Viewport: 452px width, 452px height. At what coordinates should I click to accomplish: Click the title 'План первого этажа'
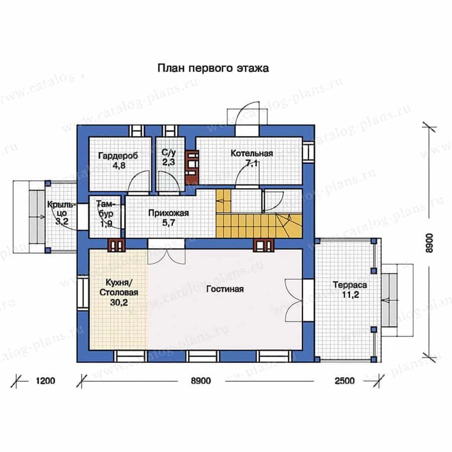point(213,68)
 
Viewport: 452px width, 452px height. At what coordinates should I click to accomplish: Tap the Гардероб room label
point(118,156)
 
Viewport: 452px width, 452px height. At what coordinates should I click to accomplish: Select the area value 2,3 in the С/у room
point(168,162)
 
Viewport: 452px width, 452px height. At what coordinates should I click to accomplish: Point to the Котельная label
point(252,153)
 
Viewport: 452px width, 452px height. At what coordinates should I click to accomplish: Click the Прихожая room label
point(169,213)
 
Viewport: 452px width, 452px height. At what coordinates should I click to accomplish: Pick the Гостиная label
point(225,289)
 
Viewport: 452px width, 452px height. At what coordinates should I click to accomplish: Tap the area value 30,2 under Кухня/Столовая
point(119,302)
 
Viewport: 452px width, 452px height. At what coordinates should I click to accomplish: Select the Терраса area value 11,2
point(350,295)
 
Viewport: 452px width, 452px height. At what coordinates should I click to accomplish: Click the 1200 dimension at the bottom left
point(46,381)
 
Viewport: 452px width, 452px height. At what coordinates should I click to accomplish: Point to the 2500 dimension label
point(345,381)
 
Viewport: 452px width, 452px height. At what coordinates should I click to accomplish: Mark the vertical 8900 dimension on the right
point(429,243)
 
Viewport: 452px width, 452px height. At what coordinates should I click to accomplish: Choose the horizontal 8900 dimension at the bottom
point(201,381)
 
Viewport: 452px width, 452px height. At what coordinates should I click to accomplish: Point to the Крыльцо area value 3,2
point(62,221)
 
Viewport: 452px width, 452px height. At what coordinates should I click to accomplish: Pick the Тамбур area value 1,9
point(106,223)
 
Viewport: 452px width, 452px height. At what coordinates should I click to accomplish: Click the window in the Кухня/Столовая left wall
point(83,293)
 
